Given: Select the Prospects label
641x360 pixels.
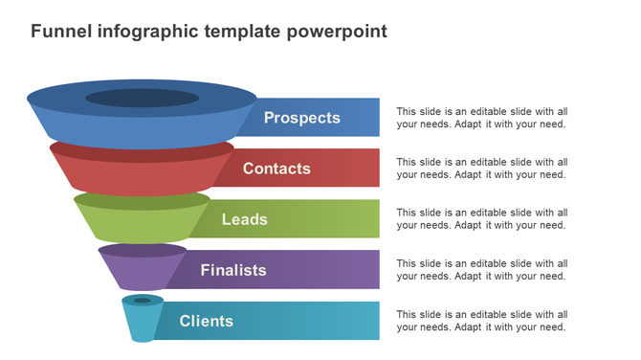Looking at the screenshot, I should [x=302, y=118].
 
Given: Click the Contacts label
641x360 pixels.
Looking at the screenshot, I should [x=276, y=169].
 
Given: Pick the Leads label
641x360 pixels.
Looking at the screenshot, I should [x=244, y=219].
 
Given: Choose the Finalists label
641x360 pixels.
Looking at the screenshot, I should [x=233, y=270].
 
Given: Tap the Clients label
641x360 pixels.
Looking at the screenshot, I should [x=206, y=321].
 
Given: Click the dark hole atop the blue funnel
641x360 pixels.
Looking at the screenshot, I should [x=142, y=98].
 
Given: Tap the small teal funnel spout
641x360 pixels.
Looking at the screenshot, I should [x=142, y=321].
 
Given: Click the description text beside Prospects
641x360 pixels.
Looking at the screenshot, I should [x=481, y=118].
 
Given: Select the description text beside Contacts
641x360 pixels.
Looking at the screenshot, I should [x=481, y=169].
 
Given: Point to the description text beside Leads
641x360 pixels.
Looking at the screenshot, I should [x=481, y=219].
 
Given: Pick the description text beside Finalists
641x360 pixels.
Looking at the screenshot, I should [x=481, y=270].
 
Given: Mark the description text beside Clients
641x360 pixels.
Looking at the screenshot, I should [x=481, y=321].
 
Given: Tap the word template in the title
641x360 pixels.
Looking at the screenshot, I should [x=243, y=32].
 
